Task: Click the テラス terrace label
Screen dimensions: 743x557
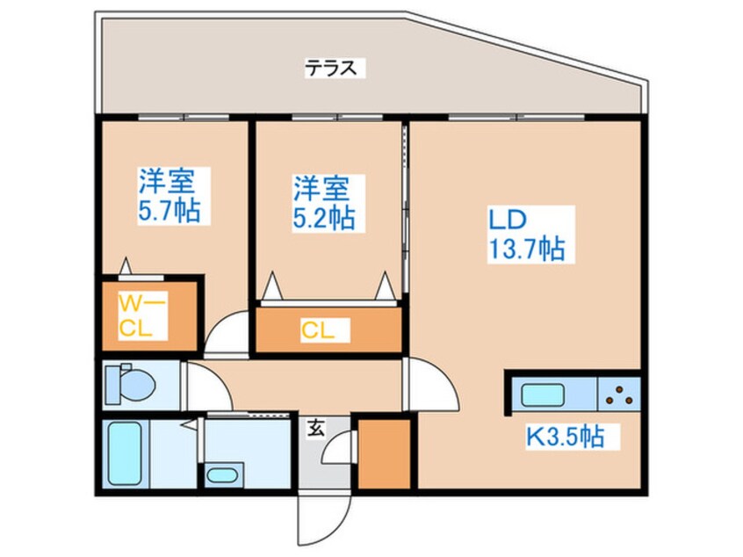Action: (330, 69)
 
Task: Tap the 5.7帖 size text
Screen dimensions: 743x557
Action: (170, 212)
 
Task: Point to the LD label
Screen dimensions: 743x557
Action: (508, 220)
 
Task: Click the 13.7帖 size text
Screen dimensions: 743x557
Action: (527, 249)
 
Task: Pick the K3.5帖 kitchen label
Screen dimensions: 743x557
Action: (565, 437)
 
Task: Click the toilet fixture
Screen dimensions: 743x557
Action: (129, 385)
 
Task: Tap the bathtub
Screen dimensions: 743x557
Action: (125, 453)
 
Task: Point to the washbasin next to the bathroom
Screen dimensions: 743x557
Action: (222, 475)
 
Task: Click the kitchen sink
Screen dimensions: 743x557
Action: (543, 395)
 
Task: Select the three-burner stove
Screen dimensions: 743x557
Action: (619, 394)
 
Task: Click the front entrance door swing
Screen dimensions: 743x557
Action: (325, 519)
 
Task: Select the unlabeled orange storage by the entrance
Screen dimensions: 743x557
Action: (383, 453)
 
